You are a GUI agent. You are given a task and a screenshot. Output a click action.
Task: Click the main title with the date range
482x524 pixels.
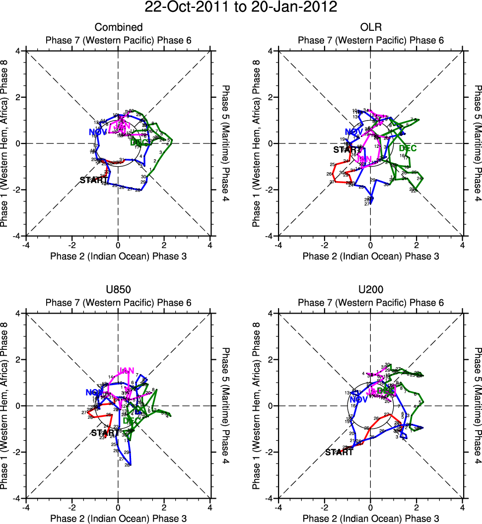[x=241, y=7]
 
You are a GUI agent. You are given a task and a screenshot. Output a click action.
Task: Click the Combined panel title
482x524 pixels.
[x=119, y=27]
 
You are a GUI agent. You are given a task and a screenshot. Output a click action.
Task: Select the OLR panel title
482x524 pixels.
[x=370, y=27]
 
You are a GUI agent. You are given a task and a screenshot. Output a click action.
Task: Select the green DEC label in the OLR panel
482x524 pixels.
[x=408, y=148]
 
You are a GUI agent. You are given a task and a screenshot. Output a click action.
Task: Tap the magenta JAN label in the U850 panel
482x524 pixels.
[x=127, y=371]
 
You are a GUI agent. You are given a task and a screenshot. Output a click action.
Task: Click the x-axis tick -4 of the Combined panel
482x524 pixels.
[x=26, y=245]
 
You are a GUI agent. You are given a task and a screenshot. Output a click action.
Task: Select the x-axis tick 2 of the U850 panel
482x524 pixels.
[x=164, y=507]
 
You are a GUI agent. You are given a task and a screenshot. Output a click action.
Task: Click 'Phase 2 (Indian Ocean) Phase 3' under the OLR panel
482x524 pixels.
[x=370, y=256]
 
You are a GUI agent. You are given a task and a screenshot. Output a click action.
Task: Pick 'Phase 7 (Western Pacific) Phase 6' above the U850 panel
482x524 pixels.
[x=119, y=303]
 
